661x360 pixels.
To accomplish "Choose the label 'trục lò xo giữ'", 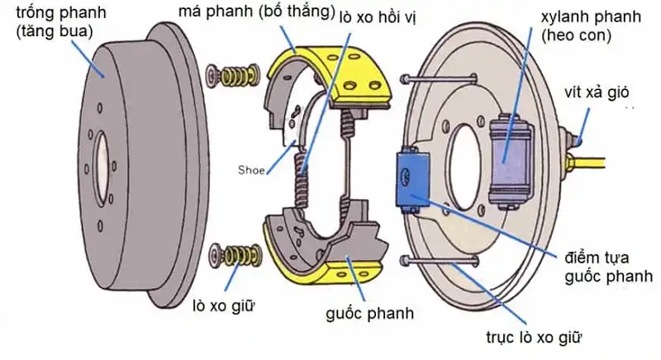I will tap(537, 337).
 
